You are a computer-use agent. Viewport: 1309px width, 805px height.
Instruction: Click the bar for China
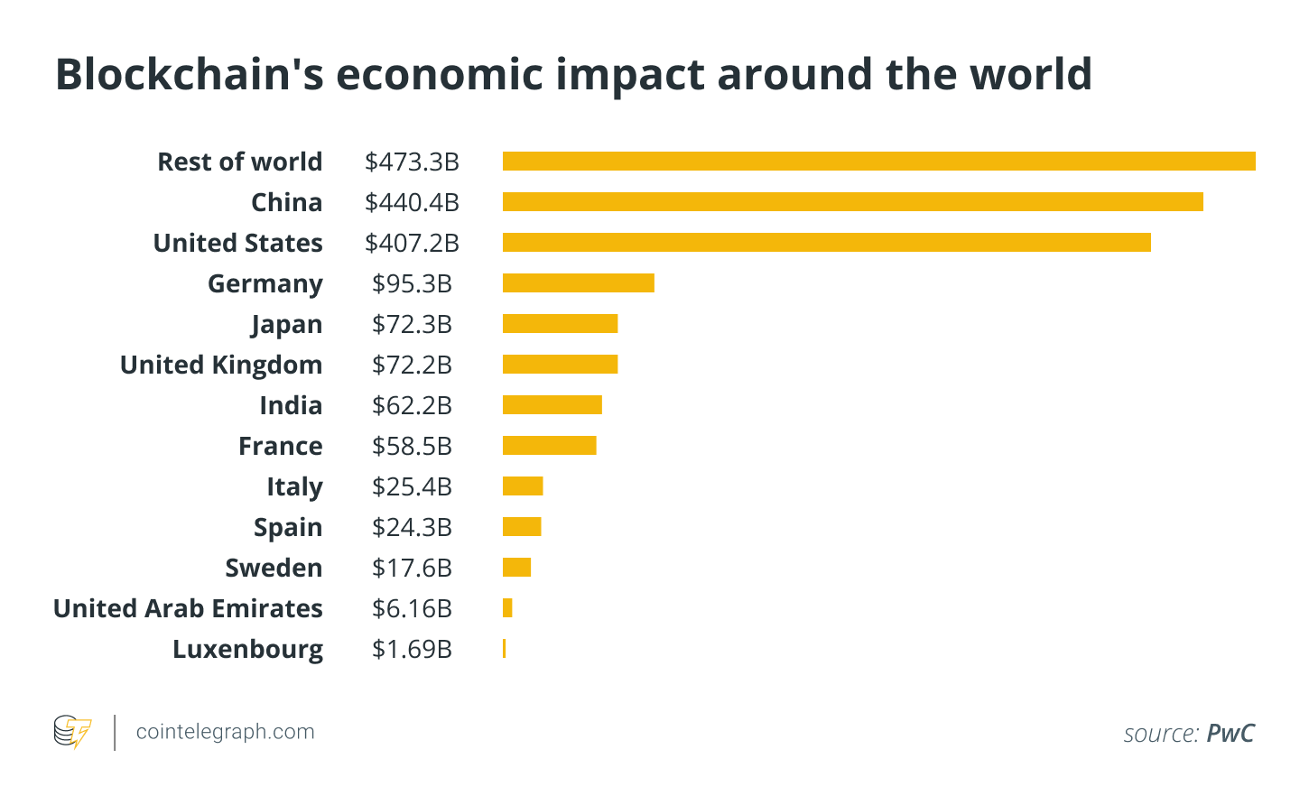852,202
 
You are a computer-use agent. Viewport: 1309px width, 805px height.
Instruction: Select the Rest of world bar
878,162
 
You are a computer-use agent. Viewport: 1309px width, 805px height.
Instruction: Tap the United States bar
826,243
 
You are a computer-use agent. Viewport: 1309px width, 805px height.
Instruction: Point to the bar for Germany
578,283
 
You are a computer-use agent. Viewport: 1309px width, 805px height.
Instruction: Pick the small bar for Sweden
516,568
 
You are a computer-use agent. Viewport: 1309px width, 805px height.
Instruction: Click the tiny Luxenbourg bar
504,649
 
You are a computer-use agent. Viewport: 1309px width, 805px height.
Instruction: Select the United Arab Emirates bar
507,608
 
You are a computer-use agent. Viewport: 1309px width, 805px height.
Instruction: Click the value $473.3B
412,162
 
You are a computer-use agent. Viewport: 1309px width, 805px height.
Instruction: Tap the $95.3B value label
412,284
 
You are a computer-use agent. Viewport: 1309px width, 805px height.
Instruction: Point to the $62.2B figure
412,406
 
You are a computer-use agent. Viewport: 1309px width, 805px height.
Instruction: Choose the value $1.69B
412,650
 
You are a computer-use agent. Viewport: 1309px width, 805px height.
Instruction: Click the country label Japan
286,325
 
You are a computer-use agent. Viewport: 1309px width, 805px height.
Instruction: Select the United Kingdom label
221,365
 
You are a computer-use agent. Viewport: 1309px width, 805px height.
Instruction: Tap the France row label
280,447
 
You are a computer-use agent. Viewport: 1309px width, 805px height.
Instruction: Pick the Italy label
294,487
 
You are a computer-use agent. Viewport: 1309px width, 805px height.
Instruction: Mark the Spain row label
288,528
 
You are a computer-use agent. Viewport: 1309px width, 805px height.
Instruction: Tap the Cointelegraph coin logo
72,732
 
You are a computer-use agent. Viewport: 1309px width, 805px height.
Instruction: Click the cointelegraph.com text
225,732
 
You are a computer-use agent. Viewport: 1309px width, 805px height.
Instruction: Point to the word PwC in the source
1230,734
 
